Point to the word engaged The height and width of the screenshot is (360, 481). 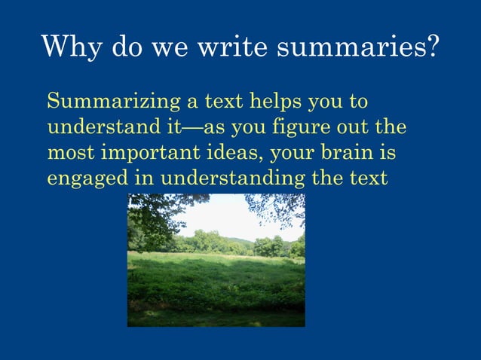pos(82,179)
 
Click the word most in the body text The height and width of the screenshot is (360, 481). pos(66,153)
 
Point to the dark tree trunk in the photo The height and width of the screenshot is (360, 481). pos(136,226)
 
